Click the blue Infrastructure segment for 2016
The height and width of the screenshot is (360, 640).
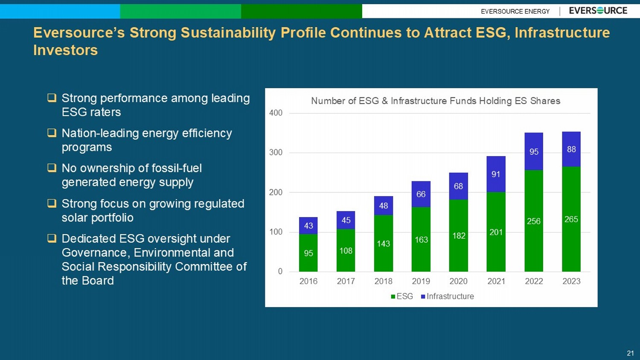pyautogui.click(x=308, y=226)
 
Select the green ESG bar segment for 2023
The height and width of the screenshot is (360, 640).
pyautogui.click(x=571, y=219)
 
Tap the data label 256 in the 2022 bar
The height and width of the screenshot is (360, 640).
pyautogui.click(x=534, y=221)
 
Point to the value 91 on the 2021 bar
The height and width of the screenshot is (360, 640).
pyautogui.click(x=496, y=174)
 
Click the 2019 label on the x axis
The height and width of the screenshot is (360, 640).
pyautogui.click(x=421, y=281)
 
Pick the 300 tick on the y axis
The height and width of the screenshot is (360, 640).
pyautogui.click(x=276, y=152)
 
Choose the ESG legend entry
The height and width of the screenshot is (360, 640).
pyautogui.click(x=402, y=296)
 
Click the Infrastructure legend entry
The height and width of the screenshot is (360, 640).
pyautogui.click(x=448, y=296)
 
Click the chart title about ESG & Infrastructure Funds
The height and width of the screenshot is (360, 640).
pyautogui.click(x=436, y=101)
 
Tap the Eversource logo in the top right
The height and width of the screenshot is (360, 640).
pyautogui.click(x=598, y=11)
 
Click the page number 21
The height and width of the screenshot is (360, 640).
pyautogui.click(x=630, y=353)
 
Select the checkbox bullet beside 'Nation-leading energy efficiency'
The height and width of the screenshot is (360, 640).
pyautogui.click(x=52, y=133)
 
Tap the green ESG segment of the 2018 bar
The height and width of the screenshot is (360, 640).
pyautogui.click(x=384, y=243)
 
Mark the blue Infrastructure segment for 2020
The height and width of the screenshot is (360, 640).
pyautogui.click(x=458, y=186)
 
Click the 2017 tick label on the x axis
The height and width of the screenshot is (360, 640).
pyautogui.click(x=346, y=281)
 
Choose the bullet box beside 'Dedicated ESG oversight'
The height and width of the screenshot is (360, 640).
pyautogui.click(x=52, y=238)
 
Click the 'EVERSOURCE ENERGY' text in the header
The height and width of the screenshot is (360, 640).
pyautogui.click(x=515, y=12)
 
